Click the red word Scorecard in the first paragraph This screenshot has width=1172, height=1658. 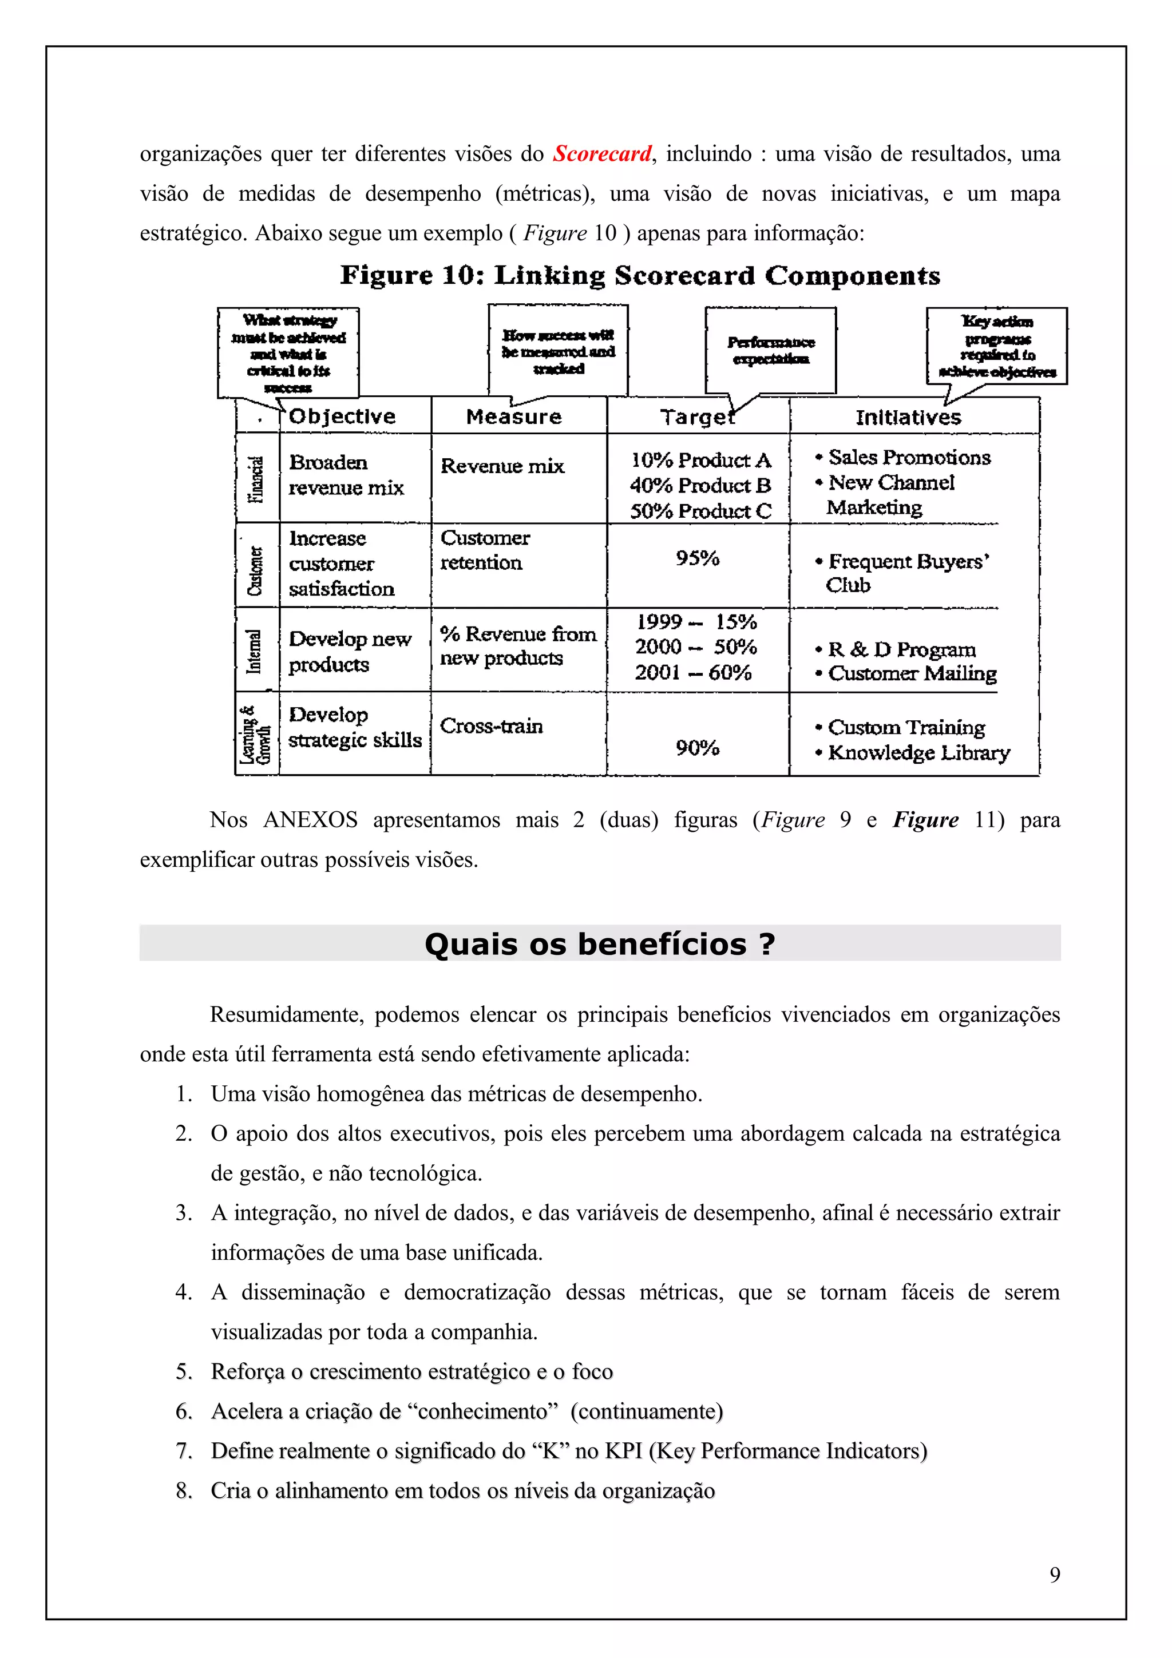(x=602, y=154)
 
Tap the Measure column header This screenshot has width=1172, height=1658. (x=513, y=417)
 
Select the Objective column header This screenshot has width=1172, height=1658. (x=342, y=417)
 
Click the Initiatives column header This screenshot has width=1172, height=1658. (x=908, y=418)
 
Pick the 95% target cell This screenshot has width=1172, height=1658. (x=697, y=558)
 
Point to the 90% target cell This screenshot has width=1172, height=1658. (x=697, y=748)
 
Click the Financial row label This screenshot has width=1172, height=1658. (x=256, y=479)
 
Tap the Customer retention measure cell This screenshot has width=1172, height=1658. (x=485, y=550)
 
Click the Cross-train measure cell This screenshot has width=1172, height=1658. (x=491, y=726)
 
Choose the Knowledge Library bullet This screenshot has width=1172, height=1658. (x=918, y=753)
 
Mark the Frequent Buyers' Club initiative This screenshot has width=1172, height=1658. (x=907, y=573)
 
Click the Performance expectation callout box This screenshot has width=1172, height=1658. (x=770, y=350)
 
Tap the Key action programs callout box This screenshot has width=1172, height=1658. (x=996, y=346)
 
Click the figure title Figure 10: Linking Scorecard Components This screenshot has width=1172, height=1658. (x=640, y=276)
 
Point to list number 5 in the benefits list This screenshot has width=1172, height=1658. (x=184, y=1371)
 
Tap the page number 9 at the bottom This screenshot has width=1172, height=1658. (x=1054, y=1575)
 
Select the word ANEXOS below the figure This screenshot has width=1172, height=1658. (x=311, y=820)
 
